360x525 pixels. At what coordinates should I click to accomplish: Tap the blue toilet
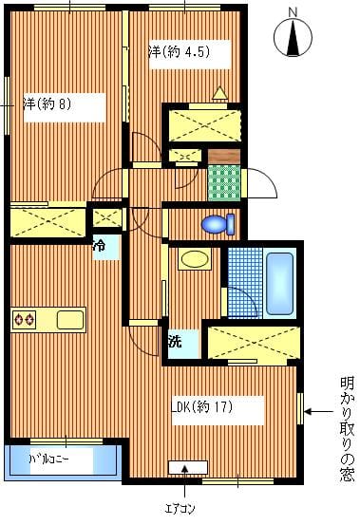(218, 224)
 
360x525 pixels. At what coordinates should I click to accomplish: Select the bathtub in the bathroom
(279, 283)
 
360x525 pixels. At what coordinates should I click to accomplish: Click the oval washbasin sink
(195, 259)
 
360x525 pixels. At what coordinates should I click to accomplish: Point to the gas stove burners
(24, 319)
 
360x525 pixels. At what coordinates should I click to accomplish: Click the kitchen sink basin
(70, 320)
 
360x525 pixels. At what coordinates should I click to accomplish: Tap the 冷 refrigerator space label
(99, 246)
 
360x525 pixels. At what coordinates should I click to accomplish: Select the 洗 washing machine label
(175, 341)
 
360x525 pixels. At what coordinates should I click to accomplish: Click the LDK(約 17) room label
(202, 407)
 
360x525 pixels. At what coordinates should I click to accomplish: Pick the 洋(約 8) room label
(47, 104)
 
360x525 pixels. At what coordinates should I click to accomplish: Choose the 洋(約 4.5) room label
(180, 51)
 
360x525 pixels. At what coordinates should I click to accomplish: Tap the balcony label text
(49, 459)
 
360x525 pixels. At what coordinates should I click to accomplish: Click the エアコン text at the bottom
(180, 509)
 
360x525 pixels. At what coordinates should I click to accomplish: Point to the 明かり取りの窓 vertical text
(348, 429)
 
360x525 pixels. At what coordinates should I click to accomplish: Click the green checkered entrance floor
(224, 183)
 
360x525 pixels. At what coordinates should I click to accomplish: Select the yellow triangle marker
(220, 93)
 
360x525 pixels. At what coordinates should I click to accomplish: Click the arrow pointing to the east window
(318, 411)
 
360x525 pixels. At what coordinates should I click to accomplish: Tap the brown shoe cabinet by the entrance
(224, 157)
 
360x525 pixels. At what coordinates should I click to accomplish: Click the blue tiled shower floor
(245, 283)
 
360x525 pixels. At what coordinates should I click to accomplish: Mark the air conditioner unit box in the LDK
(188, 467)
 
